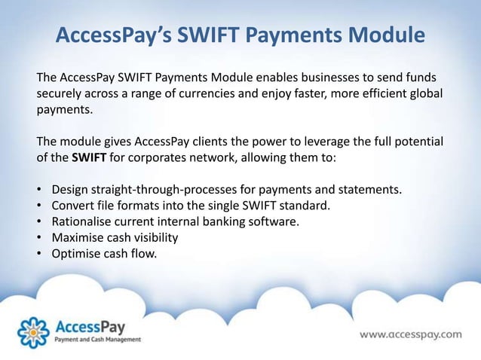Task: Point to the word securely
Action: tap(63, 96)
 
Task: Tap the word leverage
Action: tap(309, 142)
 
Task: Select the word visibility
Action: tap(154, 237)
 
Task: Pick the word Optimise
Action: tap(78, 253)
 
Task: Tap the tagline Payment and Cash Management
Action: tap(97, 340)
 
